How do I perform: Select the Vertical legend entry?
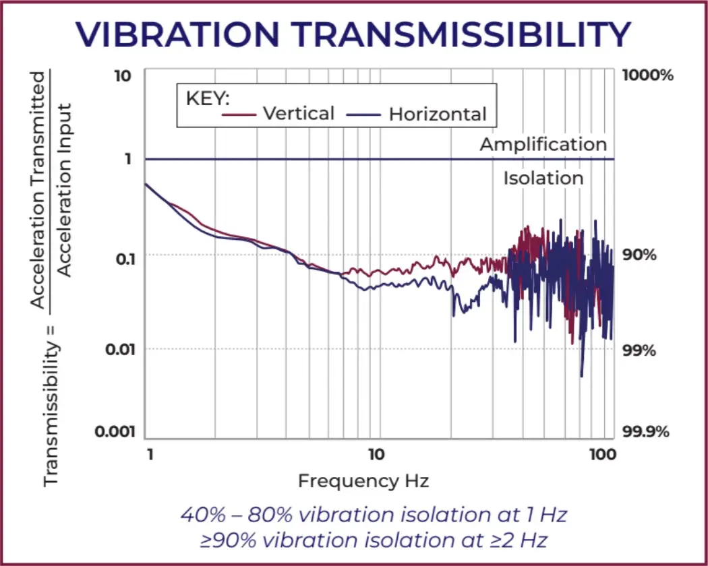(x=298, y=113)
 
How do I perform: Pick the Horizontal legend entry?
(x=437, y=115)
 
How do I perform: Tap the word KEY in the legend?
(x=208, y=98)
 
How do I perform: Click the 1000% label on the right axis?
(x=648, y=75)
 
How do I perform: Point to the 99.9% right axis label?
(x=646, y=431)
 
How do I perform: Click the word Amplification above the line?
(x=543, y=144)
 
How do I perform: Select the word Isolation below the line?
(x=543, y=178)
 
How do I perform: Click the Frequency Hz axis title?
(x=363, y=481)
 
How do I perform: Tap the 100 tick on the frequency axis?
(x=601, y=454)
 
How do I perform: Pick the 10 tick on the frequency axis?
(x=376, y=454)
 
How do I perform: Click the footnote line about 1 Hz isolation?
(x=374, y=515)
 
